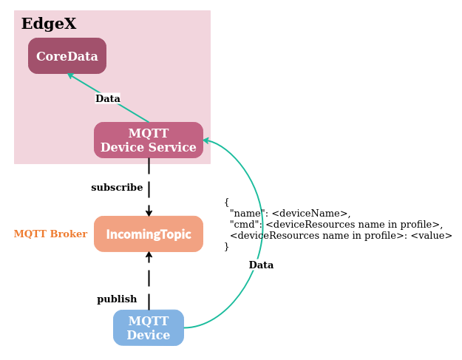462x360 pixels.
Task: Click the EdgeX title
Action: pos(49,24)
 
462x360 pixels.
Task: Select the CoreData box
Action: pos(67,56)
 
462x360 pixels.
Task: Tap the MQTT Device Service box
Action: pos(149,140)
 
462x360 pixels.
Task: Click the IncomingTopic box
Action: pos(149,234)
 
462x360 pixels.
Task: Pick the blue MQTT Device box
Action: pos(149,328)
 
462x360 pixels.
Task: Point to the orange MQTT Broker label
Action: pos(50,234)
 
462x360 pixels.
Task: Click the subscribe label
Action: pos(117,188)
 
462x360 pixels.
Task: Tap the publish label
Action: pos(117,299)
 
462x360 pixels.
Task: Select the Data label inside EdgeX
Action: pos(108,99)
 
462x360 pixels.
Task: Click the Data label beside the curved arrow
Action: pos(261,265)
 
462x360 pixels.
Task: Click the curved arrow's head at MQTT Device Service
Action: pos(207,140)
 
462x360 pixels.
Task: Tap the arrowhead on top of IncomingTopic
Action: pos(149,212)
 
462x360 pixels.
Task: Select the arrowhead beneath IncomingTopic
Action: pos(149,256)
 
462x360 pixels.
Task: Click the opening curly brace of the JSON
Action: pos(226,202)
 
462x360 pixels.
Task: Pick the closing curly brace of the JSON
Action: pos(226,247)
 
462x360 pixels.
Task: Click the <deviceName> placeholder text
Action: pos(310,214)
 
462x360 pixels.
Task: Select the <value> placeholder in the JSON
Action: pos(431,236)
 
